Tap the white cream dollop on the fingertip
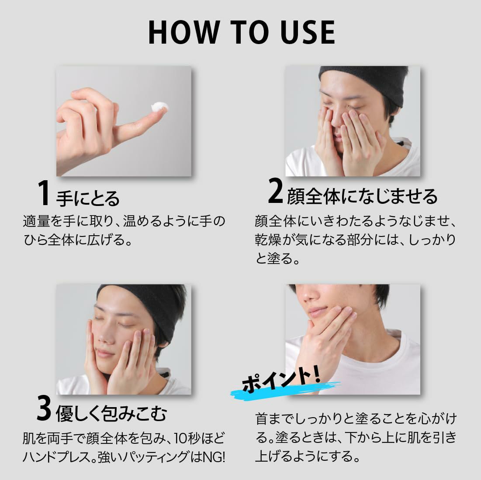coord(159,107)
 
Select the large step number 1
coord(44,193)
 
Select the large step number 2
coord(275,191)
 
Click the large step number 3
coord(44,408)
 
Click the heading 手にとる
coord(88,198)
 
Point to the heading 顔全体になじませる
coord(362,196)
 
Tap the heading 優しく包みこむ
coord(111,414)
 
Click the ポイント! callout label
coord(280,380)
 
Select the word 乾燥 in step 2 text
coord(268,240)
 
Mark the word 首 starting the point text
coord(262,419)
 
